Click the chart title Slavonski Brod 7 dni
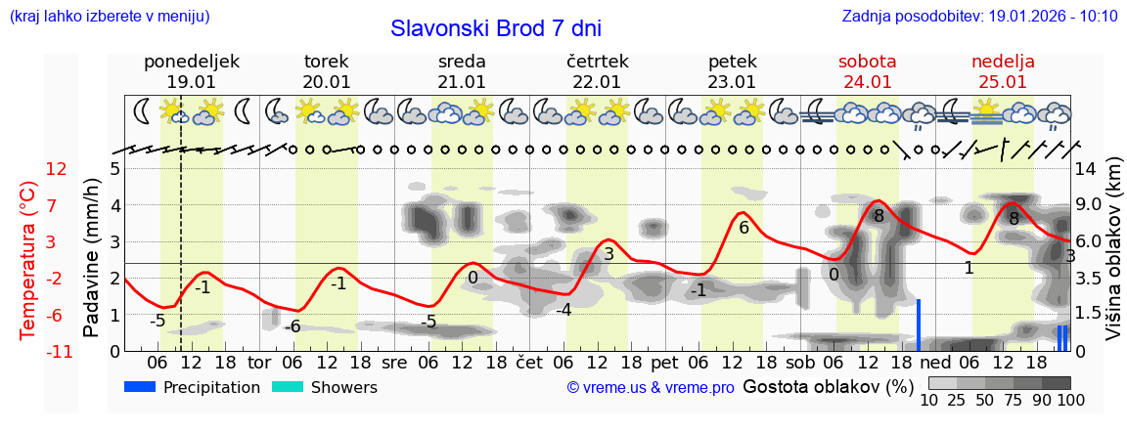495,28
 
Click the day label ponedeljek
192,62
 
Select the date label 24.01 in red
867,82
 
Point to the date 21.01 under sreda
462,82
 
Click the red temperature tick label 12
57,169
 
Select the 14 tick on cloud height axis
1085,169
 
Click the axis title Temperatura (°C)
28,260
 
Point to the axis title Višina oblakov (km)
1114,260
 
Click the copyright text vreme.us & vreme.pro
651,388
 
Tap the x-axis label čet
528,362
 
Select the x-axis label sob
799,362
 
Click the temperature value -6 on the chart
292,326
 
